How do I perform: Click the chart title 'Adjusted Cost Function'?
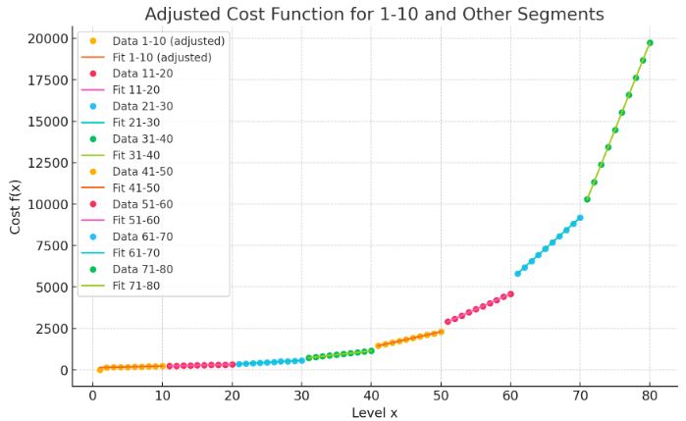click(374, 14)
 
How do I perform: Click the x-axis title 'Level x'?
click(374, 412)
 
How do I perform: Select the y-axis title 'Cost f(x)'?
click(15, 205)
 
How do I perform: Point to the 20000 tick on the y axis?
click(47, 38)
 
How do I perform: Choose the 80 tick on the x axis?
click(650, 396)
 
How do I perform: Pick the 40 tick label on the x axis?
click(371, 396)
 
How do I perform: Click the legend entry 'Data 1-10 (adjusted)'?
click(168, 41)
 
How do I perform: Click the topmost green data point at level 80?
click(650, 43)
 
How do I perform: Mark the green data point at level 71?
click(587, 199)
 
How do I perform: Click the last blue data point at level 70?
click(580, 218)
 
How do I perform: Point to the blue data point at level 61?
click(517, 274)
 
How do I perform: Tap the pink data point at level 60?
click(510, 293)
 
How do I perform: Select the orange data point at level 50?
click(441, 332)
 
